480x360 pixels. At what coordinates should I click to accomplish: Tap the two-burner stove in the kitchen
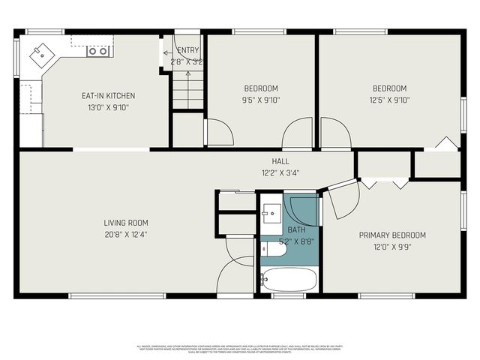(97, 51)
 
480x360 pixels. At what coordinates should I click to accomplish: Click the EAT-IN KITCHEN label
(108, 96)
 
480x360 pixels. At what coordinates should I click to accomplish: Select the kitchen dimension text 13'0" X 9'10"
(108, 107)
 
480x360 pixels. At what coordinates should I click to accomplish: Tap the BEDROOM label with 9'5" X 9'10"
(261, 88)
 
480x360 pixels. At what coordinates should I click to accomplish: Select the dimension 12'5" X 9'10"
(390, 99)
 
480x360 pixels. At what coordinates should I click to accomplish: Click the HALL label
(280, 161)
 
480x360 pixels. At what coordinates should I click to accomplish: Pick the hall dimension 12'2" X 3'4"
(280, 172)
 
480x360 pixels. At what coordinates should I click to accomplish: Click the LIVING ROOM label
(126, 223)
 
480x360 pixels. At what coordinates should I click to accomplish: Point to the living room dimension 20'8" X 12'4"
(126, 234)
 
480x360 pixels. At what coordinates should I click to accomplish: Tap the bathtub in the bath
(289, 280)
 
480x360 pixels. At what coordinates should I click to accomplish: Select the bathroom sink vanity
(271, 214)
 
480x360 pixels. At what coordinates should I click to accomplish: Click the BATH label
(296, 230)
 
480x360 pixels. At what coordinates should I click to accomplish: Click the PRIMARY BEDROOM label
(392, 235)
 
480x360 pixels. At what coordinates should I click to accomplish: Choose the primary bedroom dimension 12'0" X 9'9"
(392, 246)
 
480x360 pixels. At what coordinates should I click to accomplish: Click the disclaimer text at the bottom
(240, 349)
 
